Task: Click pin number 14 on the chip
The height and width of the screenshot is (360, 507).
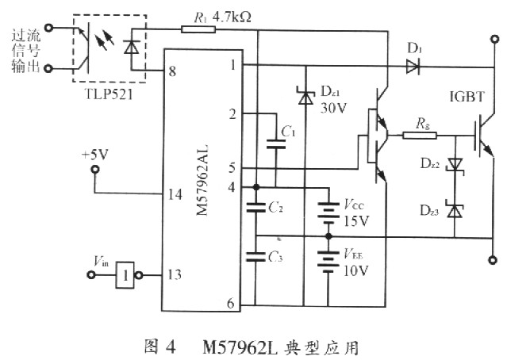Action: point(171,194)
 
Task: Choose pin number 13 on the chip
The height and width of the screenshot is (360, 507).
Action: point(171,274)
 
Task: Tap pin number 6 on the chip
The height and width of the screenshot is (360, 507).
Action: point(230,303)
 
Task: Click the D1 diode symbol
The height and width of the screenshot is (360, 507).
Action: point(413,67)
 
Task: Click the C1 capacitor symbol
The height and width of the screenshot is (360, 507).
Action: point(275,144)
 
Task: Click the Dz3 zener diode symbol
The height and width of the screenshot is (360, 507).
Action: point(454,211)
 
